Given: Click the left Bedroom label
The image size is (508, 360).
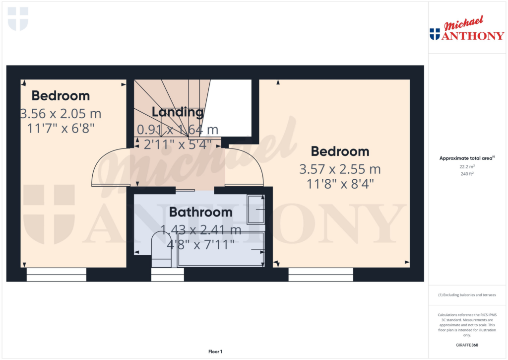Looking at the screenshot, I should click(x=61, y=95).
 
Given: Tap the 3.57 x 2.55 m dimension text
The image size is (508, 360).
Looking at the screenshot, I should click(x=340, y=169).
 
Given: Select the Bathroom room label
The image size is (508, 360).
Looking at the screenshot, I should click(x=200, y=212).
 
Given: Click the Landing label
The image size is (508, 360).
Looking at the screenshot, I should click(x=178, y=112).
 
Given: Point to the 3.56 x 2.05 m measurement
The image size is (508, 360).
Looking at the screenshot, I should click(x=61, y=113).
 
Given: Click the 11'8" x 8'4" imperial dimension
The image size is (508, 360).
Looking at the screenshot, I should click(x=340, y=184).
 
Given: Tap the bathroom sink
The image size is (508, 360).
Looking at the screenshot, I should click(x=256, y=209).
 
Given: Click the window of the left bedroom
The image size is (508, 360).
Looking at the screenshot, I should click(x=56, y=275).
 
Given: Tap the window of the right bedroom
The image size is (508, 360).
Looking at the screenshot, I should click(x=320, y=275).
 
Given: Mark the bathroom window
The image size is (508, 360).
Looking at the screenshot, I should click(x=167, y=275).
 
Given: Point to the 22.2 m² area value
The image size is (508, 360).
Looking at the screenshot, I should click(x=466, y=167).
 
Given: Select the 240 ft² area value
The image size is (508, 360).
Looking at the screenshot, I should click(x=466, y=174).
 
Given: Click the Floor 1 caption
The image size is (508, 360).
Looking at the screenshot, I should click(x=215, y=352).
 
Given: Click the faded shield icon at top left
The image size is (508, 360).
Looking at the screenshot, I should click(x=18, y=18).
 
